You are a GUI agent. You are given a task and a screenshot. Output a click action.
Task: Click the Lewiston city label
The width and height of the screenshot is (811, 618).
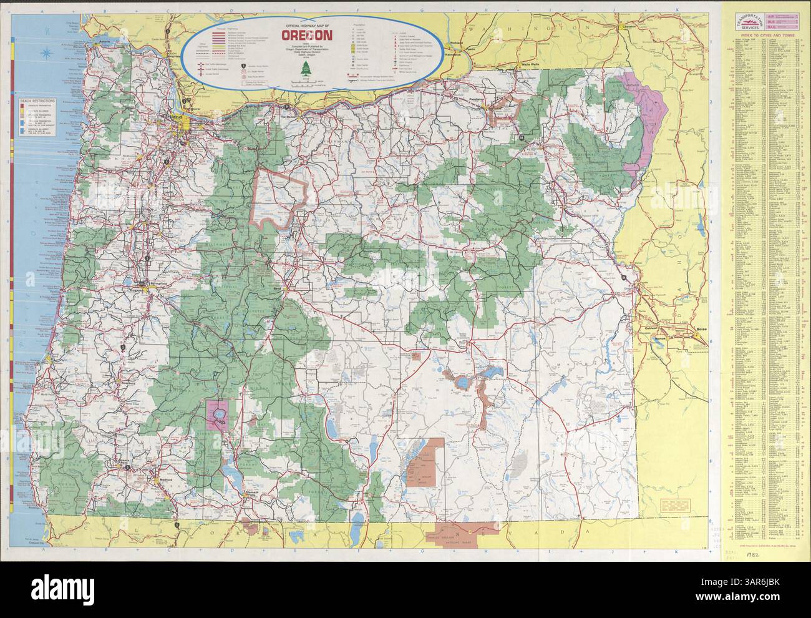(631, 27)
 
